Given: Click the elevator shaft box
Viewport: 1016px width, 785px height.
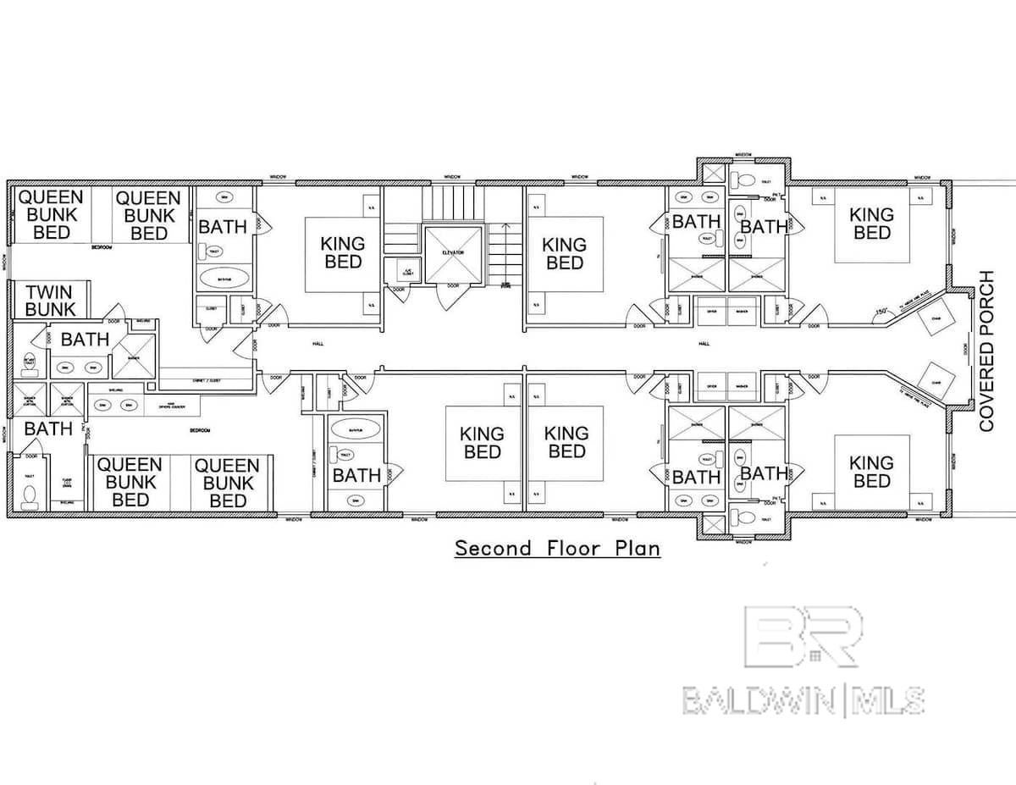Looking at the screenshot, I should click(452, 253).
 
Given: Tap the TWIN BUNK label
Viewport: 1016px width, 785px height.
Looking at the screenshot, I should click(50, 301).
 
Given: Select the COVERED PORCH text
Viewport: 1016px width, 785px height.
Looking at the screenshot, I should click(986, 351).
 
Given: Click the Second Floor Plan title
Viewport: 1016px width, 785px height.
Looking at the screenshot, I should click(557, 549).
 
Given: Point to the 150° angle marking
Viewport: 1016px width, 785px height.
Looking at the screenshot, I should click(883, 312).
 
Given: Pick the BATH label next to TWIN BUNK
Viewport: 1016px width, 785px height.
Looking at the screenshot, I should click(85, 340).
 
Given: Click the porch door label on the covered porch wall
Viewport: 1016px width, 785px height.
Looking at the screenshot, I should click(966, 348).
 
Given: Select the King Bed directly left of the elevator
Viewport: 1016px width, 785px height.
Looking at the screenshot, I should click(343, 252).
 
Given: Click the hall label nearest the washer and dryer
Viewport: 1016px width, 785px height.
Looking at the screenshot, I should click(704, 344).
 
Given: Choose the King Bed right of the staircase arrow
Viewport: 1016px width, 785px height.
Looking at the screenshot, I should click(565, 253).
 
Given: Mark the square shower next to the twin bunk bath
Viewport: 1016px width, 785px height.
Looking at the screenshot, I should click(134, 355).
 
